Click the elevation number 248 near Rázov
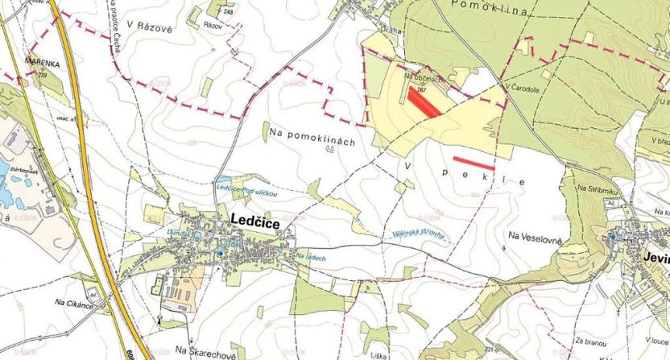pyautogui.click(x=229, y=11)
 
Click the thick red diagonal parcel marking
pyautogui.click(x=424, y=102)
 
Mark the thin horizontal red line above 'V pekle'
pyautogui.click(x=474, y=162)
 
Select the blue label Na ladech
pyautogui.click(x=310, y=255)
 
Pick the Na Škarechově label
pyautogui.click(x=205, y=352)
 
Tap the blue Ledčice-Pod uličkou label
pyautogui.click(x=247, y=192)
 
